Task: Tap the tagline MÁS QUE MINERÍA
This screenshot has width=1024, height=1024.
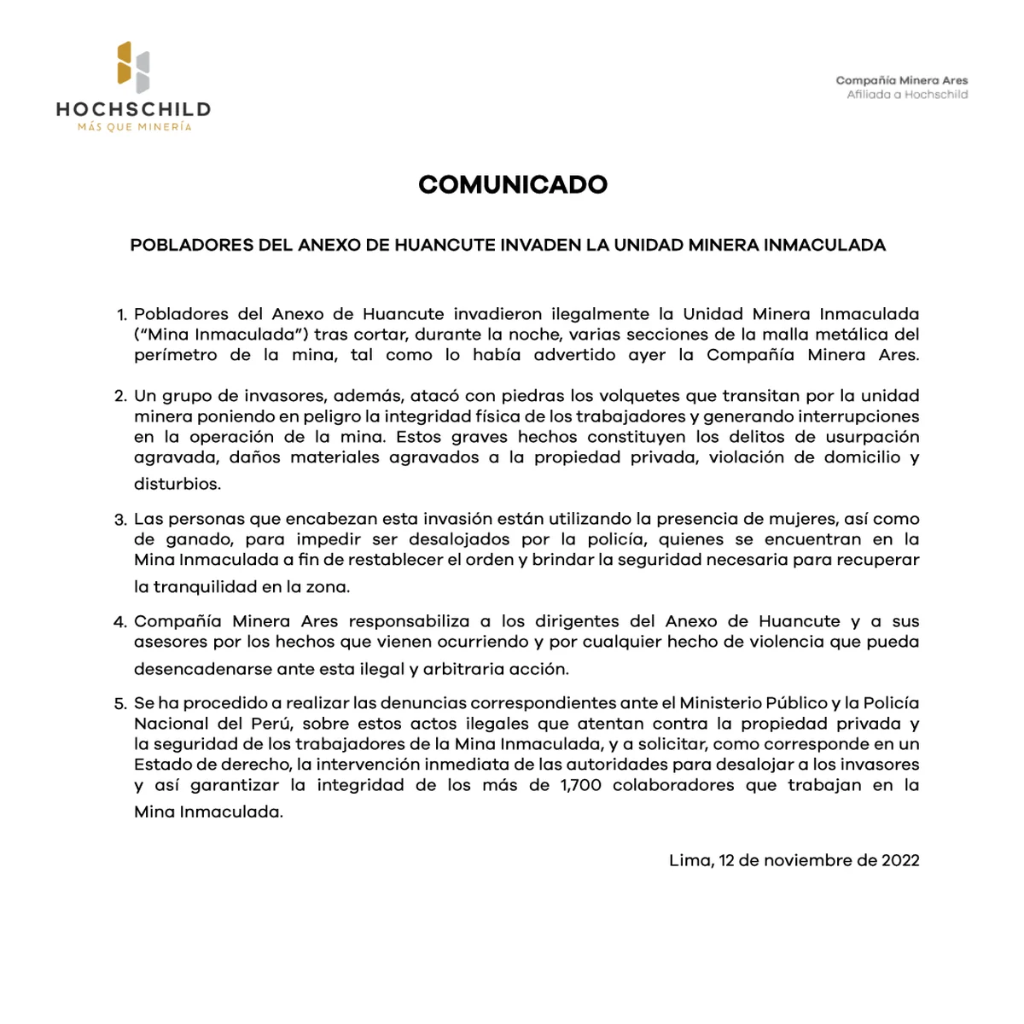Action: [134, 127]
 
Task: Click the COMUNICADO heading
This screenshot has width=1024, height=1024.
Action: [512, 184]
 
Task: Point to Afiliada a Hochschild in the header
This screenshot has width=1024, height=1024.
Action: [906, 95]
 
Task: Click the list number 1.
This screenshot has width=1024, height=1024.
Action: [121, 315]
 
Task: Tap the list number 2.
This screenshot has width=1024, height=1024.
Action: [120, 397]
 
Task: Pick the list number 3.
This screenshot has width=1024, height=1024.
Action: [120, 520]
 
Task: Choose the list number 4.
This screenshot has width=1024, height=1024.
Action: [120, 622]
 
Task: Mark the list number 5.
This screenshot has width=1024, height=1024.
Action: [120, 704]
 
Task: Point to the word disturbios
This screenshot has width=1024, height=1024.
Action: [177, 484]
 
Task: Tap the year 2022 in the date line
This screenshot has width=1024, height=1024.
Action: [900, 860]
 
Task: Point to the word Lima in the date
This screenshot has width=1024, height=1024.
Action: [689, 860]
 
